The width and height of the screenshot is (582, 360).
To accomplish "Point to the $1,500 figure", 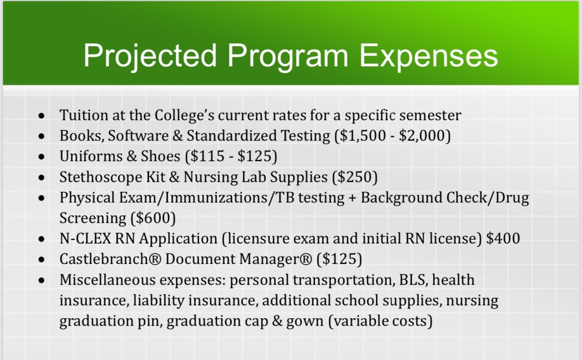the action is tap(362, 136).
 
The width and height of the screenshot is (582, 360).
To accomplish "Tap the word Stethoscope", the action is tap(101, 177).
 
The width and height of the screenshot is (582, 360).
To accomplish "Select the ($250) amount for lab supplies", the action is tap(355, 177).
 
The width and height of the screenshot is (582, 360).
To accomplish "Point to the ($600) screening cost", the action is tap(153, 218).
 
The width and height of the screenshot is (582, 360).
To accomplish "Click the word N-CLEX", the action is tap(85, 239).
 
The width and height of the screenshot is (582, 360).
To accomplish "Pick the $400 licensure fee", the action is tap(503, 238).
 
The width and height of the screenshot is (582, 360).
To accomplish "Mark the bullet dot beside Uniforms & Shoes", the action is tap(41, 157).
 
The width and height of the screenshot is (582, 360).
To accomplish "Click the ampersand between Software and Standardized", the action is tap(178, 136).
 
